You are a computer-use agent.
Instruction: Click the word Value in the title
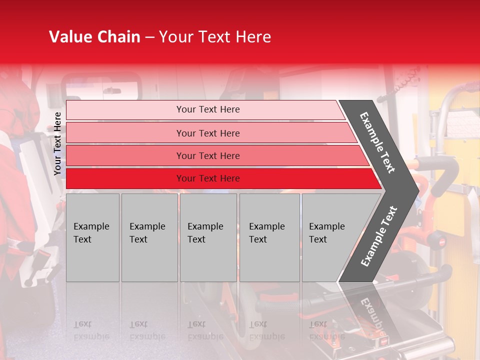(69, 37)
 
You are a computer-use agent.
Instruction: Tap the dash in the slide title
(149, 37)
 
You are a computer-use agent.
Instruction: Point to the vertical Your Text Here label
(57, 144)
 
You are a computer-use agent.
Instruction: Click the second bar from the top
(207, 133)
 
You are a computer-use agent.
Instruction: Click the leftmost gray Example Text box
(92, 237)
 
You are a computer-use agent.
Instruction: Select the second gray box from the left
(149, 237)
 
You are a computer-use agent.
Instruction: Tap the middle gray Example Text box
(208, 237)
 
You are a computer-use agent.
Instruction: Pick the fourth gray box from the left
(269, 237)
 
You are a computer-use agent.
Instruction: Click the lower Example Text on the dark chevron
(379, 236)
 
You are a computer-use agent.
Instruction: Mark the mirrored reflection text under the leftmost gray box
(91, 330)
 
